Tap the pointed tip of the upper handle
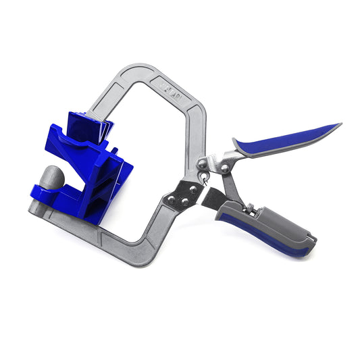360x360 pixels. tap(340, 124)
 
